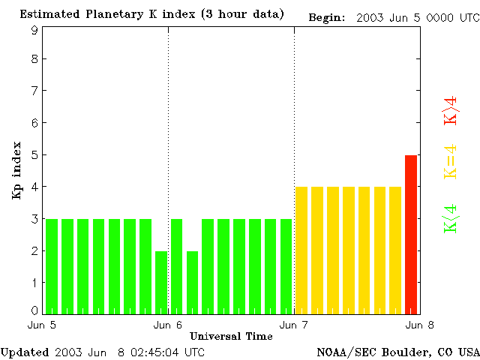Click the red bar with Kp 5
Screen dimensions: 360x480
[411, 234]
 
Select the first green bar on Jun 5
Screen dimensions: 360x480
[52, 266]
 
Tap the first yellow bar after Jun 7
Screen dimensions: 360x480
[301, 250]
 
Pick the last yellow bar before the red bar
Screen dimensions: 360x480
[395, 250]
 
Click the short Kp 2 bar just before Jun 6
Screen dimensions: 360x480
[161, 282]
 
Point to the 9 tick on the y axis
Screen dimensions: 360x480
[34, 30]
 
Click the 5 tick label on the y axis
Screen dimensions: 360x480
[34, 155]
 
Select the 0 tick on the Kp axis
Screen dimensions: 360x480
[34, 310]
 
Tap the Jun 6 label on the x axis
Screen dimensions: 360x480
[168, 325]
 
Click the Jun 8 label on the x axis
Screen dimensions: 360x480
[420, 325]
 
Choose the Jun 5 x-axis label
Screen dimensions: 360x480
[43, 325]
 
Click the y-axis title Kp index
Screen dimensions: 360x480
[16, 170]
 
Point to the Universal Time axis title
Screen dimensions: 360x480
[231, 335]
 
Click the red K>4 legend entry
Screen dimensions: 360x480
[451, 110]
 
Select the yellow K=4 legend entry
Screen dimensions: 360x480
[451, 161]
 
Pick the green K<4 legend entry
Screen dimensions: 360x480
[451, 218]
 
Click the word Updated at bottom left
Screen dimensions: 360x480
[25, 352]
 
